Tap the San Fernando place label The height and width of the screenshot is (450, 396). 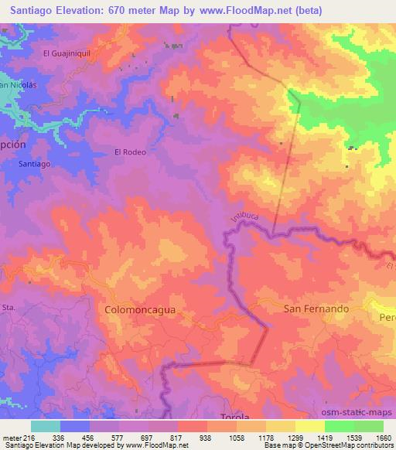(x=317, y=308)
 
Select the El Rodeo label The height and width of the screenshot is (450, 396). (x=130, y=152)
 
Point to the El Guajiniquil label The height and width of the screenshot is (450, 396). (x=67, y=53)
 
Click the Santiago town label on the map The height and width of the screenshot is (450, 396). (x=35, y=165)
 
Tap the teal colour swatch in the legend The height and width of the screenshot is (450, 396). (x=46, y=426)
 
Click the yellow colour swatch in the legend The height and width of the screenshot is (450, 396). (x=309, y=426)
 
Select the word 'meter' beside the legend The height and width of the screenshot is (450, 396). (x=12, y=437)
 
